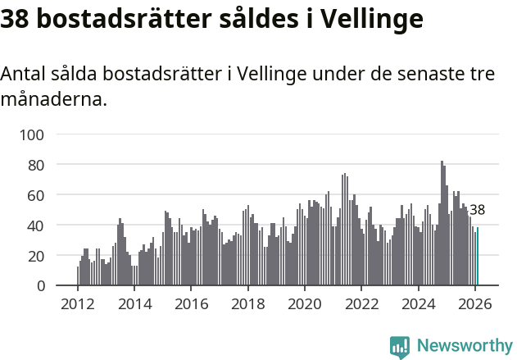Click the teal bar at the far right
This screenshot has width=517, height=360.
tap(478, 257)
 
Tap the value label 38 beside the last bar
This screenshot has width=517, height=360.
tap(477, 210)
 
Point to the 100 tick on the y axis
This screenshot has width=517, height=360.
tap(43, 134)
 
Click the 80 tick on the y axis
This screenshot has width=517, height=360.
tap(47, 165)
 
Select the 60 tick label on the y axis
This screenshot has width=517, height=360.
tap(47, 195)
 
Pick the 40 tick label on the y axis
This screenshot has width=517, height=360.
tap(47, 226)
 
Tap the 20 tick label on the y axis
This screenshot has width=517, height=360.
tap(47, 256)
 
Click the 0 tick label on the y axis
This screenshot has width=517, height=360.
tap(51, 285)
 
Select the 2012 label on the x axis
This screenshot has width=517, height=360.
tap(78, 304)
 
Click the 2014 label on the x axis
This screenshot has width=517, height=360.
tap(134, 304)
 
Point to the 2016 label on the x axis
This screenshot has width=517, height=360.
tap(191, 304)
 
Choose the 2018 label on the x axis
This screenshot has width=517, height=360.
tap(247, 304)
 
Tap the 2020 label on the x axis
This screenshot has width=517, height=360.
tap(305, 304)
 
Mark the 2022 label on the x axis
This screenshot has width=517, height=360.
tap(361, 304)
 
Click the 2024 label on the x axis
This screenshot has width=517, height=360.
tap(418, 304)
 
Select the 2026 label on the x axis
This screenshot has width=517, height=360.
tap(474, 304)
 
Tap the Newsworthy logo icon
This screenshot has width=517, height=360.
tap(400, 347)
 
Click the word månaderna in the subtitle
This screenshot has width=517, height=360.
tap(53, 101)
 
